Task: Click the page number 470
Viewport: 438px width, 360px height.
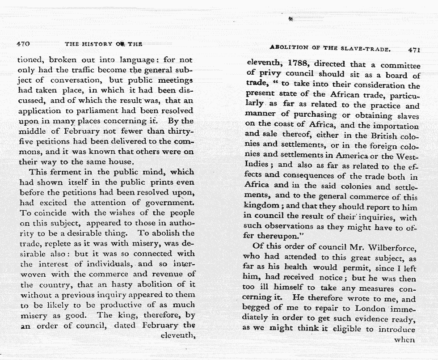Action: tap(23, 44)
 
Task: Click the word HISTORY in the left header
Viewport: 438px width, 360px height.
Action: tap(96, 44)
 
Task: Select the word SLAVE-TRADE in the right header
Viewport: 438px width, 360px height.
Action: tap(366, 48)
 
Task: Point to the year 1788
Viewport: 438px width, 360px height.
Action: tap(297, 64)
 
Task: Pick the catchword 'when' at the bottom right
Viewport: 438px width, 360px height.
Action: tap(405, 339)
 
